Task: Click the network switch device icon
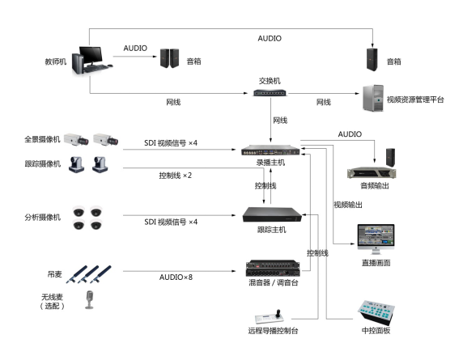pos(270,93)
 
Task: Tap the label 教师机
pos(56,61)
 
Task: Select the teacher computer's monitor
pos(91,55)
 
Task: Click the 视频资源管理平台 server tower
pos(373,98)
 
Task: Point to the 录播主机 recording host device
pos(270,150)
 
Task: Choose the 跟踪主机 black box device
pos(272,214)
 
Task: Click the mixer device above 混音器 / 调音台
pos(273,269)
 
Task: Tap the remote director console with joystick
pos(270,317)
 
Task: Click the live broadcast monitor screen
pos(376,239)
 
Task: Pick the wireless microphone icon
pos(89,299)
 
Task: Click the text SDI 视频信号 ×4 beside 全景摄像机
pos(171,143)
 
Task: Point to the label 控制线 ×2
pos(176,176)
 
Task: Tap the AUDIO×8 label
pos(176,277)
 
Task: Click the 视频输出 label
pos(348,205)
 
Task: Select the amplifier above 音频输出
pos(372,172)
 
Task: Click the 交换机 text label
pos(270,81)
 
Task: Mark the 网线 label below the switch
pos(280,120)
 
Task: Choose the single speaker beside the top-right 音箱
pos(372,60)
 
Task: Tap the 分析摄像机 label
pos(43,217)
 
